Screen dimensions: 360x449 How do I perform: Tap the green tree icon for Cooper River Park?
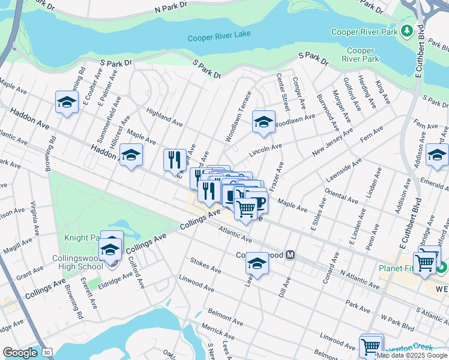point(407,29)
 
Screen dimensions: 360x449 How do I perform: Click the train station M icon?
point(291,255)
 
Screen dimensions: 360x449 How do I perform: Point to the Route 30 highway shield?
point(47,353)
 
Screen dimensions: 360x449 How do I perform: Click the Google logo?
point(19,353)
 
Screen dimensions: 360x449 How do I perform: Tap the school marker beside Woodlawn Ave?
point(264,122)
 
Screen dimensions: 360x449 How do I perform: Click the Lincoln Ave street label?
point(265,148)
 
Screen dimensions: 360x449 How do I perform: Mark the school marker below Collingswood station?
point(258,263)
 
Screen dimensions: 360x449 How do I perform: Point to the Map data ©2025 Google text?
point(411,355)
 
